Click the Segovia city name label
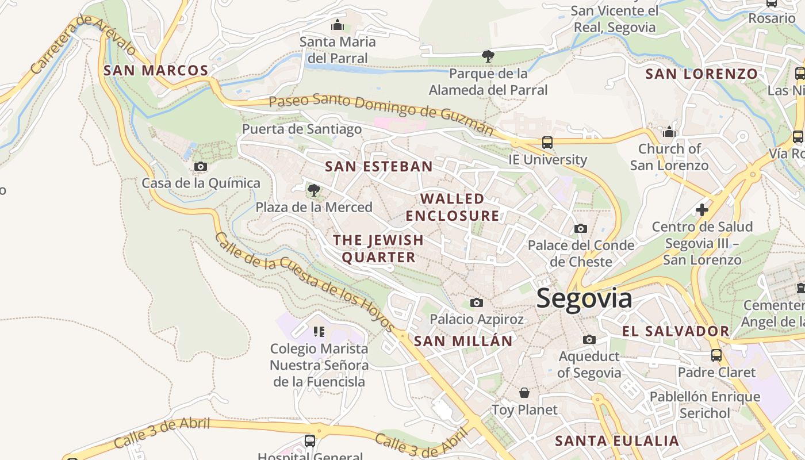584,299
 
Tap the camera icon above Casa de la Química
201,167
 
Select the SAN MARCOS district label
156,71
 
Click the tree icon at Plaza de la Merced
313,190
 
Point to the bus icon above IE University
547,142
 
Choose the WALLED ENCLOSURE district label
453,207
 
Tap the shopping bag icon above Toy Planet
524,393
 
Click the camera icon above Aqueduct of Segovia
589,339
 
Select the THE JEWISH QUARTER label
378,248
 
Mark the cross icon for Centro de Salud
702,210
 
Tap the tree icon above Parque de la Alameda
488,56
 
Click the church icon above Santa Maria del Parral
338,25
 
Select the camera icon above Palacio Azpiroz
477,302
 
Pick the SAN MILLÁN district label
463,341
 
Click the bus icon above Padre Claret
716,355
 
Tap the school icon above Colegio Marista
319,331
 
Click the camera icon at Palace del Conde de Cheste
581,229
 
